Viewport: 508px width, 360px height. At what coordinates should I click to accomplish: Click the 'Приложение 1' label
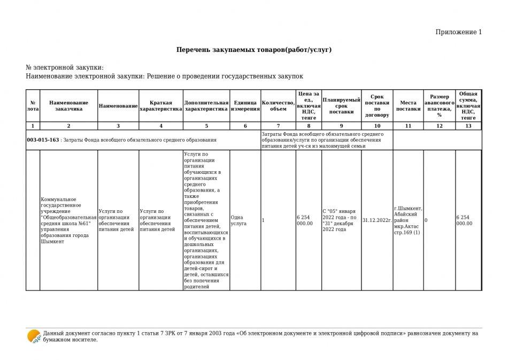[x=458, y=32]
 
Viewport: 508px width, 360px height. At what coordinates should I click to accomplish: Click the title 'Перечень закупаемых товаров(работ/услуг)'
[x=254, y=50]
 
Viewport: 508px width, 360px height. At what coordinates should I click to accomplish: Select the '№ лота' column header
[x=33, y=105]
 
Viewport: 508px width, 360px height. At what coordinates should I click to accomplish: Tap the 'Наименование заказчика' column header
[x=68, y=105]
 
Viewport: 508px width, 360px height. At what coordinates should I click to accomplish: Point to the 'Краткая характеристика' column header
[x=160, y=105]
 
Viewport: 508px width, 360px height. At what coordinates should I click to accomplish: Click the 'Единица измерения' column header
[x=245, y=105]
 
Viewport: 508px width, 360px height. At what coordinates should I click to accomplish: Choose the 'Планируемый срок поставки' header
[x=341, y=106]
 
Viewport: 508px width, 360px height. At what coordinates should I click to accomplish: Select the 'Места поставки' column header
[x=408, y=105]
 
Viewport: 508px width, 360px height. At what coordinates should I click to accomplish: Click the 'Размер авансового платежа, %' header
[x=440, y=105]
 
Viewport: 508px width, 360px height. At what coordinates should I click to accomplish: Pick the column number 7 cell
[x=278, y=126]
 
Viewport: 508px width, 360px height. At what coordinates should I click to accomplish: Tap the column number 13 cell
[x=468, y=126]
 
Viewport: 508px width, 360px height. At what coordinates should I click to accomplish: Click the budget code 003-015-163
[x=43, y=140]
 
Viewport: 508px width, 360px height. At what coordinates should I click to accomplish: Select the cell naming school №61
[x=68, y=220]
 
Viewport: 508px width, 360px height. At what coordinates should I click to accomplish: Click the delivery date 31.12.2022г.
[x=377, y=220]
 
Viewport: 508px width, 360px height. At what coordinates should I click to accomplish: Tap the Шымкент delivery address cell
[x=408, y=220]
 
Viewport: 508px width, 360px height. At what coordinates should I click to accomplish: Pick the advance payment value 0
[x=426, y=220]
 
